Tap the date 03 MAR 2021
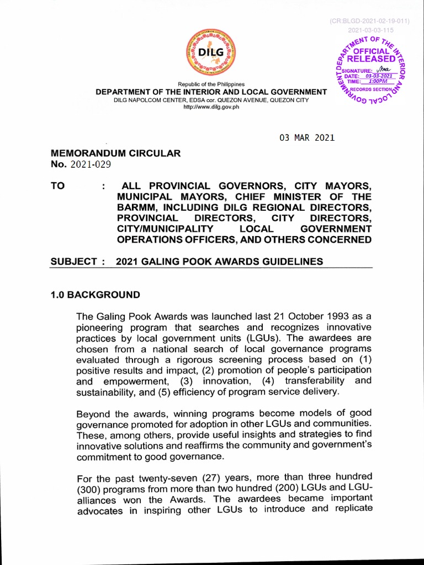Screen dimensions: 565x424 coord(307,138)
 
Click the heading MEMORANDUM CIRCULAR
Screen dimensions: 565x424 coord(115,153)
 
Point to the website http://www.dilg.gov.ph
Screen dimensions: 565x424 coord(211,107)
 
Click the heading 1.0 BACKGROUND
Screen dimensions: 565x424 coord(95,295)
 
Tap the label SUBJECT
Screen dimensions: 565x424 coord(73,262)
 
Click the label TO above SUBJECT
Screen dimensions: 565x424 coord(57,186)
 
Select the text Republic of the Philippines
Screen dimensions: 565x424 coord(211,84)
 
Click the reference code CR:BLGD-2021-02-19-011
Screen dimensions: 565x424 coord(369,21)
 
